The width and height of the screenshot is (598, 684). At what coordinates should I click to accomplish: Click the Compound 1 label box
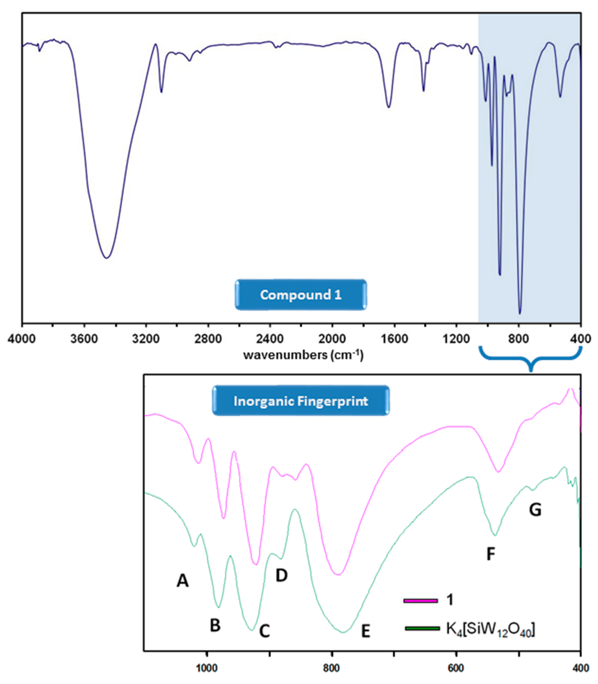tap(301, 295)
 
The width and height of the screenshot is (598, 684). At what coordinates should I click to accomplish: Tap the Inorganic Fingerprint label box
tap(301, 401)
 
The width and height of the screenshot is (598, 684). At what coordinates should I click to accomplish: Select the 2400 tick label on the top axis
tap(270, 339)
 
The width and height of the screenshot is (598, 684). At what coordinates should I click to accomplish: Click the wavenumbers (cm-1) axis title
tap(303, 355)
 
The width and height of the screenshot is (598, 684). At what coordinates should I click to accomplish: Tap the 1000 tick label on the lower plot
tap(207, 668)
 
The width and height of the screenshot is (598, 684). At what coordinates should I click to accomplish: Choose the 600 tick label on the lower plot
tap(456, 668)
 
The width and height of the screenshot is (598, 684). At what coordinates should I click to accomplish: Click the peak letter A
tap(183, 581)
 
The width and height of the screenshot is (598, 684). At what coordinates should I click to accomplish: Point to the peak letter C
tap(264, 631)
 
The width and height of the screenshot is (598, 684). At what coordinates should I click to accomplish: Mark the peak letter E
tap(366, 631)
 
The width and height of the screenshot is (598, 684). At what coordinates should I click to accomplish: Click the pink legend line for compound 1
tap(420, 601)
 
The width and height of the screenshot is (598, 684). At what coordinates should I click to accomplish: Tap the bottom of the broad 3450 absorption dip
tap(106, 258)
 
